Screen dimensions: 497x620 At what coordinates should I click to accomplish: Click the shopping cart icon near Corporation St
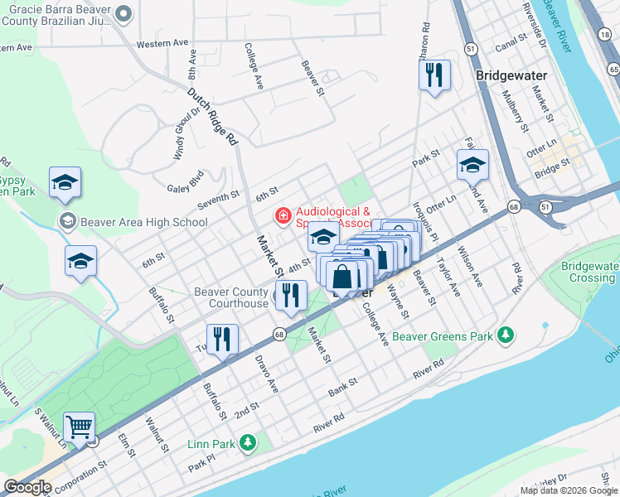(x=80, y=427)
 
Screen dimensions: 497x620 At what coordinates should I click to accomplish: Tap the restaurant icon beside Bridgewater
(x=434, y=76)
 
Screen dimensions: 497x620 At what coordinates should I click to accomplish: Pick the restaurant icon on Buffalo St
(x=222, y=338)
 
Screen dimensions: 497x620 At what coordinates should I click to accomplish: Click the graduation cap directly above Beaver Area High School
(x=65, y=183)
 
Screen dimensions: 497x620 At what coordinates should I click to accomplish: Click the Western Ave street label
(x=162, y=43)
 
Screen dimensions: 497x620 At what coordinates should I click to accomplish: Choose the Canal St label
(x=510, y=39)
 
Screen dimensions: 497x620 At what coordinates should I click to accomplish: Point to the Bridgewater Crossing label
(x=589, y=273)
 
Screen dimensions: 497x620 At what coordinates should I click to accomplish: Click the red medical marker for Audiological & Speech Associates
(x=283, y=217)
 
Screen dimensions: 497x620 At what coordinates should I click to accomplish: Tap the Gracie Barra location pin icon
(x=124, y=13)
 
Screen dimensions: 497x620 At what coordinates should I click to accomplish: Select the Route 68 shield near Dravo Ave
(x=279, y=334)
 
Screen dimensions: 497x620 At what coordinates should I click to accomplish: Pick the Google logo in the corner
(x=27, y=487)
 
